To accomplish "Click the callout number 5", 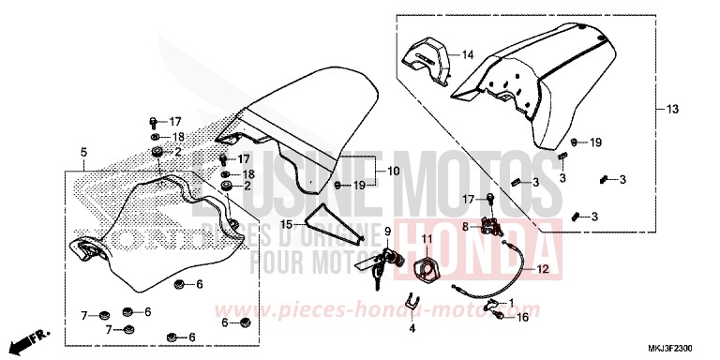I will pyautogui.click(x=83, y=152).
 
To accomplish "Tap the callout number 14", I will pyautogui.click(x=468, y=54).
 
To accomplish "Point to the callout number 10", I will pyautogui.click(x=392, y=171).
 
